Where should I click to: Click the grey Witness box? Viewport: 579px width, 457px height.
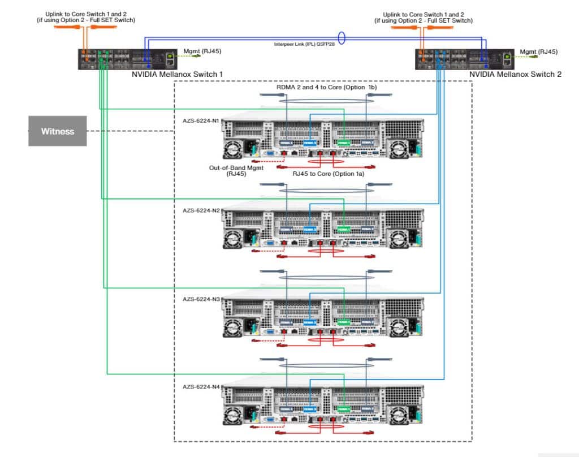pyautogui.click(x=57, y=131)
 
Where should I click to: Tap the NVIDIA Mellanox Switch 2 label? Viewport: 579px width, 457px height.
pyautogui.click(x=515, y=74)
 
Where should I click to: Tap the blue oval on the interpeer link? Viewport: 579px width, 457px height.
pyautogui.click(x=342, y=40)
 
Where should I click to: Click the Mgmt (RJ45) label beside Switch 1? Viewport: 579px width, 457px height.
pyautogui.click(x=202, y=51)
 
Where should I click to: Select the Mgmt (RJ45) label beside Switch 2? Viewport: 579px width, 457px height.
pyautogui.click(x=538, y=51)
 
